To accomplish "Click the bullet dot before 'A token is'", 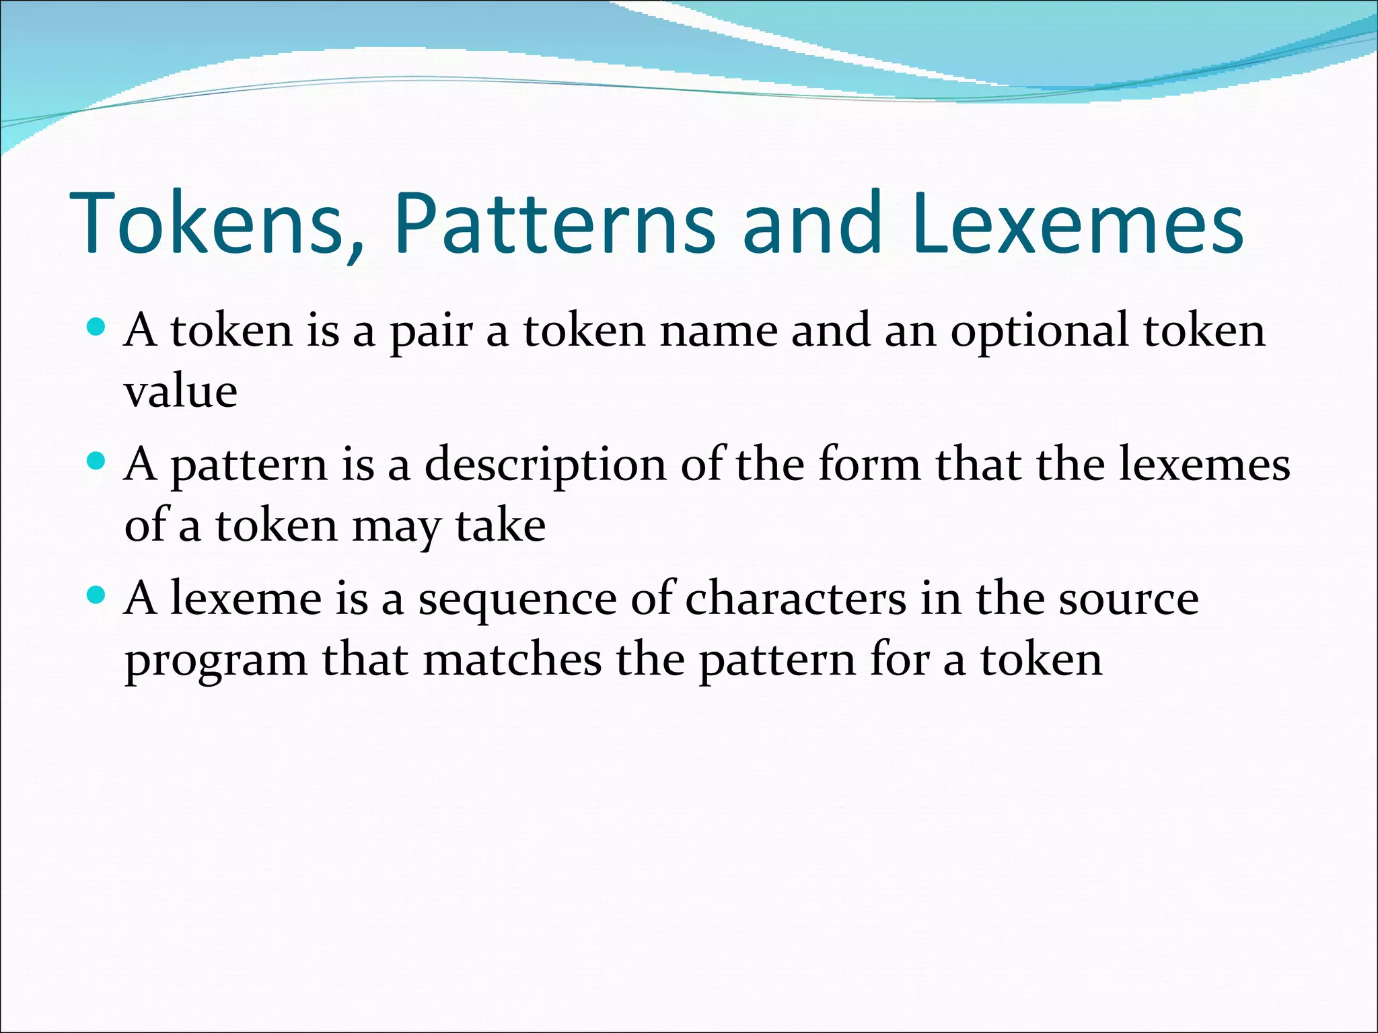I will tap(97, 328).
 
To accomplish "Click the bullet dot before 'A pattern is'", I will tap(97, 461).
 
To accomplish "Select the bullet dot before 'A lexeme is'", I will tap(97, 595).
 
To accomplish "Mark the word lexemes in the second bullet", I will tap(1204, 464).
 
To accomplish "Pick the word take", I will tap(501, 525).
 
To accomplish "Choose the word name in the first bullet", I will tap(718, 331).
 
